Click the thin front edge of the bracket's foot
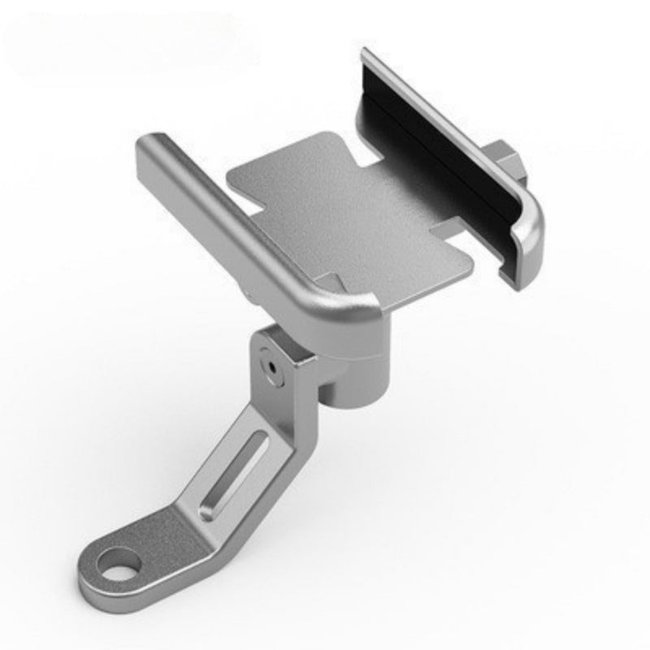(x=122, y=605)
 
